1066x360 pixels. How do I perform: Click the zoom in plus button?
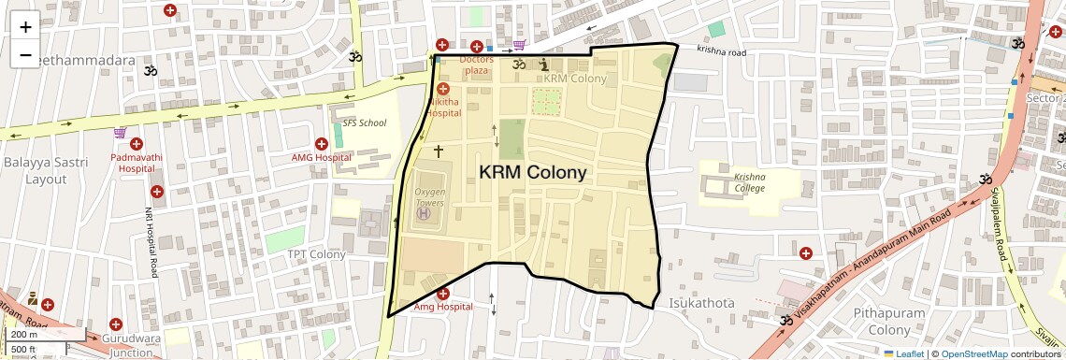[25, 27]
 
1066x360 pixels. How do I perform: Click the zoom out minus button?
[25, 55]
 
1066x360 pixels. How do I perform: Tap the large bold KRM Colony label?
[533, 172]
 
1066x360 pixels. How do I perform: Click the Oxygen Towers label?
[429, 196]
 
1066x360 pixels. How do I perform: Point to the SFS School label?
[364, 122]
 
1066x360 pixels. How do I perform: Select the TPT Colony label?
[316, 254]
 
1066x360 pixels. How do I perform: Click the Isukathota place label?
[701, 304]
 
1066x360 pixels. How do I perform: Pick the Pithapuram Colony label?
[888, 321]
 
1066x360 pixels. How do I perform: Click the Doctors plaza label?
[477, 65]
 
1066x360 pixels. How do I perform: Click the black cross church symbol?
[438, 150]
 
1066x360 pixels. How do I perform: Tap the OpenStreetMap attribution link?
[973, 354]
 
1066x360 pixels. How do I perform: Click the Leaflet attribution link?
[903, 354]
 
